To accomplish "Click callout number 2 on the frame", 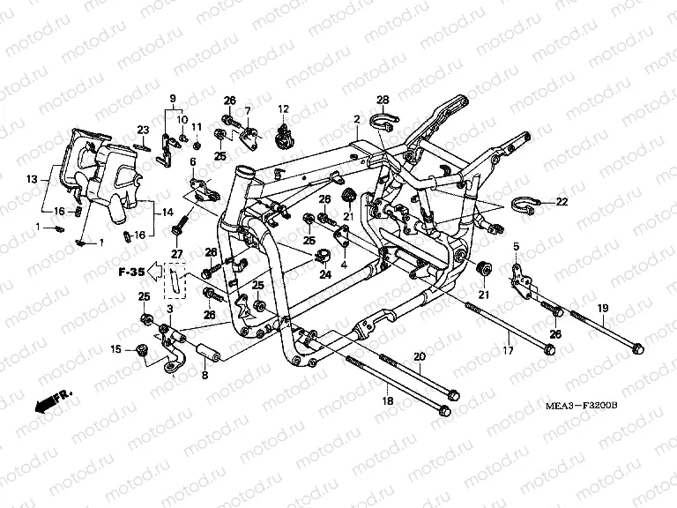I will [x=357, y=119].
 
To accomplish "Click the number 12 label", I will [x=283, y=108].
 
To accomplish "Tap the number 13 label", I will [x=32, y=179].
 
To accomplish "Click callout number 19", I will [x=603, y=308].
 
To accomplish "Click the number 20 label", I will [x=419, y=355].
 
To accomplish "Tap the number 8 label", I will [x=205, y=375].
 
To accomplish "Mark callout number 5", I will [x=517, y=245].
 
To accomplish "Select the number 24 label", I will [x=325, y=274].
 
